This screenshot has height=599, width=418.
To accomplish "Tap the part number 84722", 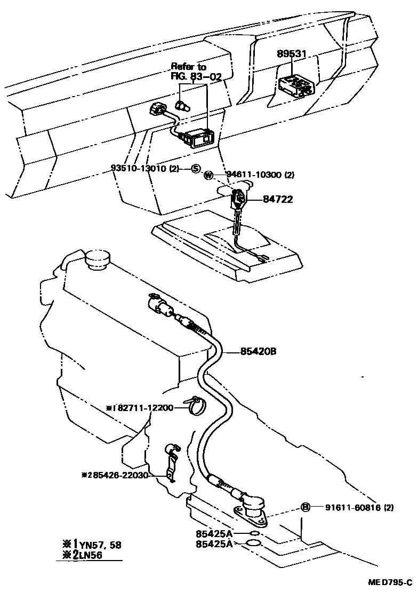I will [x=278, y=200].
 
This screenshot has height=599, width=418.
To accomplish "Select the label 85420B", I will [x=258, y=351].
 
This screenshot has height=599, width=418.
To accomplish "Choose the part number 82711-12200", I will [x=143, y=408].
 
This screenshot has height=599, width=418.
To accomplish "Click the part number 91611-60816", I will [x=352, y=508].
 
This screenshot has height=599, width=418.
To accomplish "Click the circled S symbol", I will [x=196, y=169].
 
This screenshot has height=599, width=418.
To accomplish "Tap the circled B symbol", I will [x=306, y=507].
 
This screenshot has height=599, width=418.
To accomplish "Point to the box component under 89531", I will [x=295, y=85].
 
